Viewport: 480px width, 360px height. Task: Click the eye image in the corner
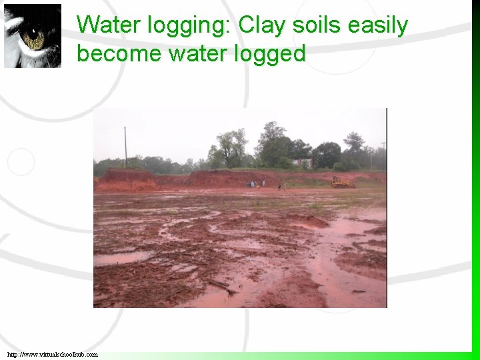33,36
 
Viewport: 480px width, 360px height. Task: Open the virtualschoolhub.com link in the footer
53,355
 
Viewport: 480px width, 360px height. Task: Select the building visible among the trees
303,161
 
